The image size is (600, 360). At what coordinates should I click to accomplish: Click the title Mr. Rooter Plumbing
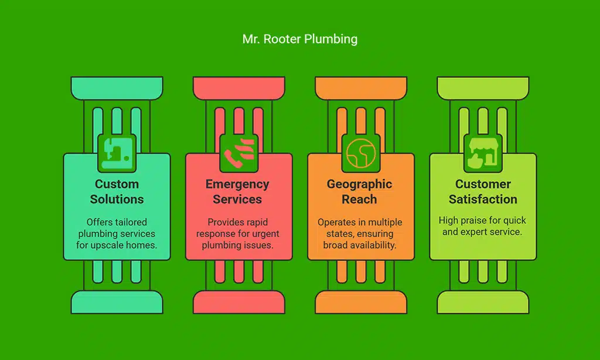pos(299,39)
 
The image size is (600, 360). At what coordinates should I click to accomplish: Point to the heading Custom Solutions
pos(117,192)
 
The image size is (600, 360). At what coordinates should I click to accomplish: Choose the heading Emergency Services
pos(237,192)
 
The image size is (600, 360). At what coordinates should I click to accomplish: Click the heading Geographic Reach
pos(360,192)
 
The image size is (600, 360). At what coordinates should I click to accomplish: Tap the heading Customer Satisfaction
pos(483,192)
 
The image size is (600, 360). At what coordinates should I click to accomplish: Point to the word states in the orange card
pos(332,234)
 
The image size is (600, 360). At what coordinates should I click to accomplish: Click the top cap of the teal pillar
pos(117,88)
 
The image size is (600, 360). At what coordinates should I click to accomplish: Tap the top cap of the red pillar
pos(238,88)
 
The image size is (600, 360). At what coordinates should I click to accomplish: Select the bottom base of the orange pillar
pos(360,302)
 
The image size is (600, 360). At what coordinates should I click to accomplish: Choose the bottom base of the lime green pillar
pos(483,302)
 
